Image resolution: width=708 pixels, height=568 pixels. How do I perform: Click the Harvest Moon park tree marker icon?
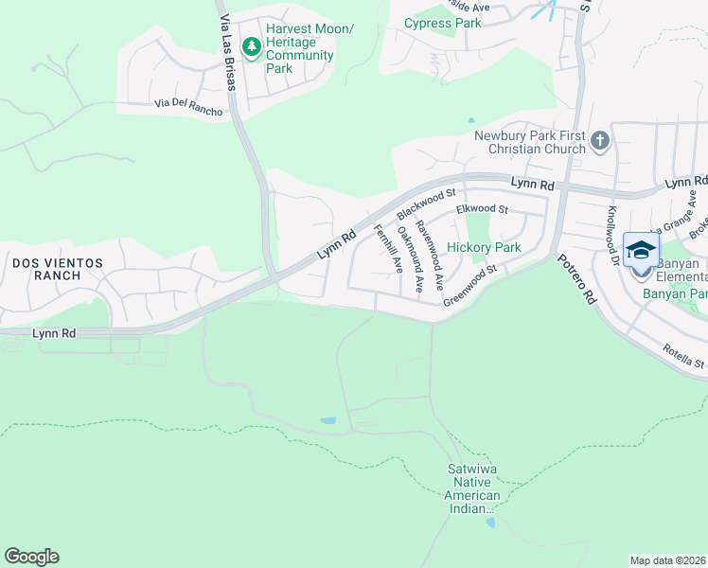pyautogui.click(x=252, y=46)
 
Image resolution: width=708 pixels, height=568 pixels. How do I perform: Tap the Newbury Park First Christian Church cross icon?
pyautogui.click(x=599, y=142)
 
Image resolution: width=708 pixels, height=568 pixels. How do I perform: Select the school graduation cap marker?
pyautogui.click(x=641, y=250)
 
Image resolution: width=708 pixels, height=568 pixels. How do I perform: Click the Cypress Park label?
pyautogui.click(x=442, y=23)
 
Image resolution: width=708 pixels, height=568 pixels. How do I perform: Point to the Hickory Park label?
pyautogui.click(x=484, y=247)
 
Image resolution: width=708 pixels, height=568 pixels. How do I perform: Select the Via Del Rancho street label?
pyautogui.click(x=190, y=107)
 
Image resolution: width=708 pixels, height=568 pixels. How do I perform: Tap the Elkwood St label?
pyautogui.click(x=482, y=208)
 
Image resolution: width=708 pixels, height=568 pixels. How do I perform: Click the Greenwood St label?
pyautogui.click(x=470, y=283)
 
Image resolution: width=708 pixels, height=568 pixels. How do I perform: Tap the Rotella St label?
pyautogui.click(x=683, y=356)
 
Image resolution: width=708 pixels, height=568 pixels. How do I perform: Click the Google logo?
pyautogui.click(x=31, y=557)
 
